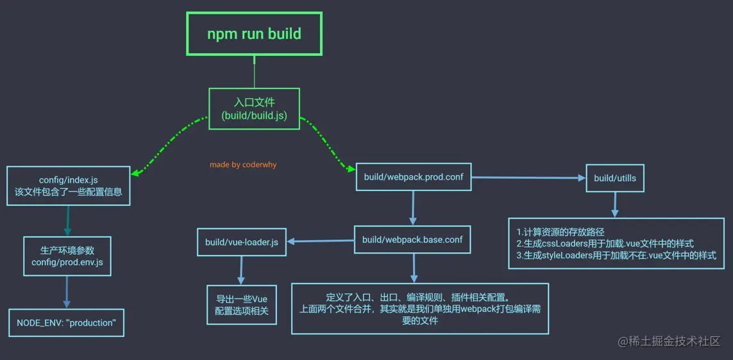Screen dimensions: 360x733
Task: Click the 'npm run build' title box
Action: click(x=254, y=34)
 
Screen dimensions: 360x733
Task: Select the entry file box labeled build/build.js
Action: click(x=254, y=108)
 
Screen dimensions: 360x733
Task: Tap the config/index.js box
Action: click(x=69, y=185)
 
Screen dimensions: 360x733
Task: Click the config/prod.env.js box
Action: click(x=67, y=255)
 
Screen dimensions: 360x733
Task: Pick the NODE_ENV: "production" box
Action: click(x=67, y=323)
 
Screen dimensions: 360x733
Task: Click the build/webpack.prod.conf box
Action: click(x=414, y=177)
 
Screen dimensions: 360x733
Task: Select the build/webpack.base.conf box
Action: click(x=412, y=240)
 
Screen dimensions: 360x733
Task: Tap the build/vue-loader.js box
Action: click(x=242, y=242)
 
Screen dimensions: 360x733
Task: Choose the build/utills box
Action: click(x=615, y=178)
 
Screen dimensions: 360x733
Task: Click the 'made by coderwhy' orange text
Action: click(x=243, y=165)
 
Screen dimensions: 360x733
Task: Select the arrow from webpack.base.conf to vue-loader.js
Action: click(x=321, y=242)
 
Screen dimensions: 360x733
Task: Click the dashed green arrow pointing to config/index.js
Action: click(x=167, y=146)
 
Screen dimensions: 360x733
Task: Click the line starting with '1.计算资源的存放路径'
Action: click(x=560, y=232)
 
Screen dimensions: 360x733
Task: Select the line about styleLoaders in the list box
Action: click(x=616, y=255)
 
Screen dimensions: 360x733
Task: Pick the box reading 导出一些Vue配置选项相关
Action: click(x=242, y=305)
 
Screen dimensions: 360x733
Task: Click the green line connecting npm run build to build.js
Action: click(x=254, y=72)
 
